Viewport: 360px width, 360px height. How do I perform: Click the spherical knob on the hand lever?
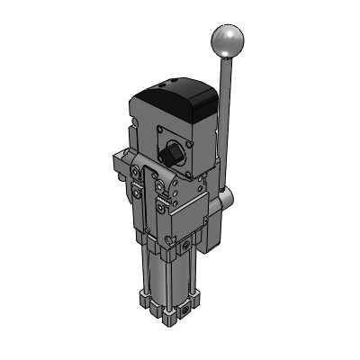point(228,40)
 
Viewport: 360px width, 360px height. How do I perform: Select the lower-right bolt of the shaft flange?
point(186,170)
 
